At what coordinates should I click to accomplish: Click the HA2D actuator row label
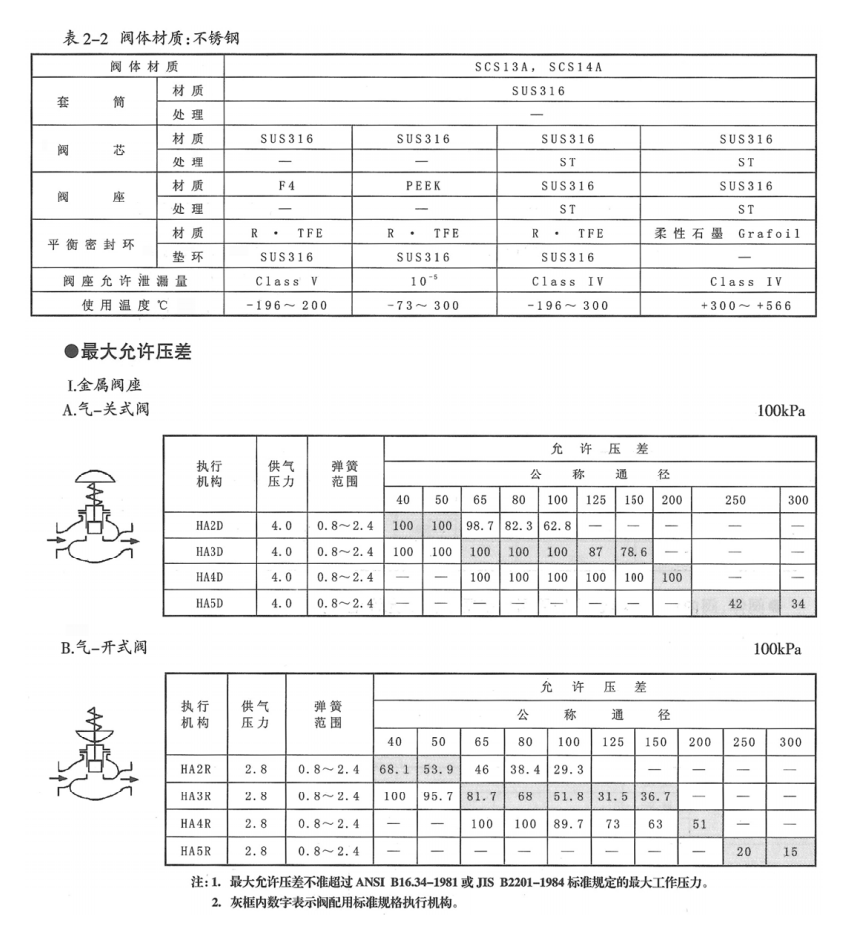tap(210, 524)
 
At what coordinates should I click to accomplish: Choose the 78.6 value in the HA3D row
tap(633, 551)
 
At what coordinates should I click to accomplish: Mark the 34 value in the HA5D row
tap(798, 603)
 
